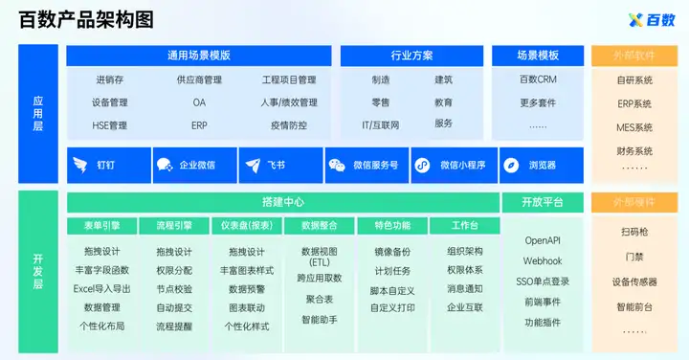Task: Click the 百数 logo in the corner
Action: click(x=652, y=20)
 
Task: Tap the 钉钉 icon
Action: click(x=80, y=166)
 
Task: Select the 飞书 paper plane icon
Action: click(x=253, y=166)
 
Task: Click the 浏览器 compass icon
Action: click(x=511, y=166)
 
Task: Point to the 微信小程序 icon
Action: click(x=422, y=166)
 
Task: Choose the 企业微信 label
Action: click(x=197, y=166)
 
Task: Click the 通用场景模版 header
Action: click(x=199, y=56)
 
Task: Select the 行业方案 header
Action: click(x=411, y=56)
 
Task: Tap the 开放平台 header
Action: click(x=543, y=202)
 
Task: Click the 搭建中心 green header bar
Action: click(x=283, y=202)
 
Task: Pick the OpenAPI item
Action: click(x=543, y=240)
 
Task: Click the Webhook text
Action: click(x=543, y=261)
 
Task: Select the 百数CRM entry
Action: click(x=538, y=79)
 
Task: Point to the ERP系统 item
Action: click(x=634, y=104)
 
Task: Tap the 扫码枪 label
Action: click(x=634, y=232)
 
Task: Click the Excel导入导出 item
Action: click(x=102, y=289)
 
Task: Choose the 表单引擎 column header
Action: click(x=102, y=226)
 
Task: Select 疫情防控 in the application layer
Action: click(x=289, y=125)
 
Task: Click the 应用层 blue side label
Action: click(x=38, y=113)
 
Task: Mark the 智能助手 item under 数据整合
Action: click(x=320, y=320)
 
